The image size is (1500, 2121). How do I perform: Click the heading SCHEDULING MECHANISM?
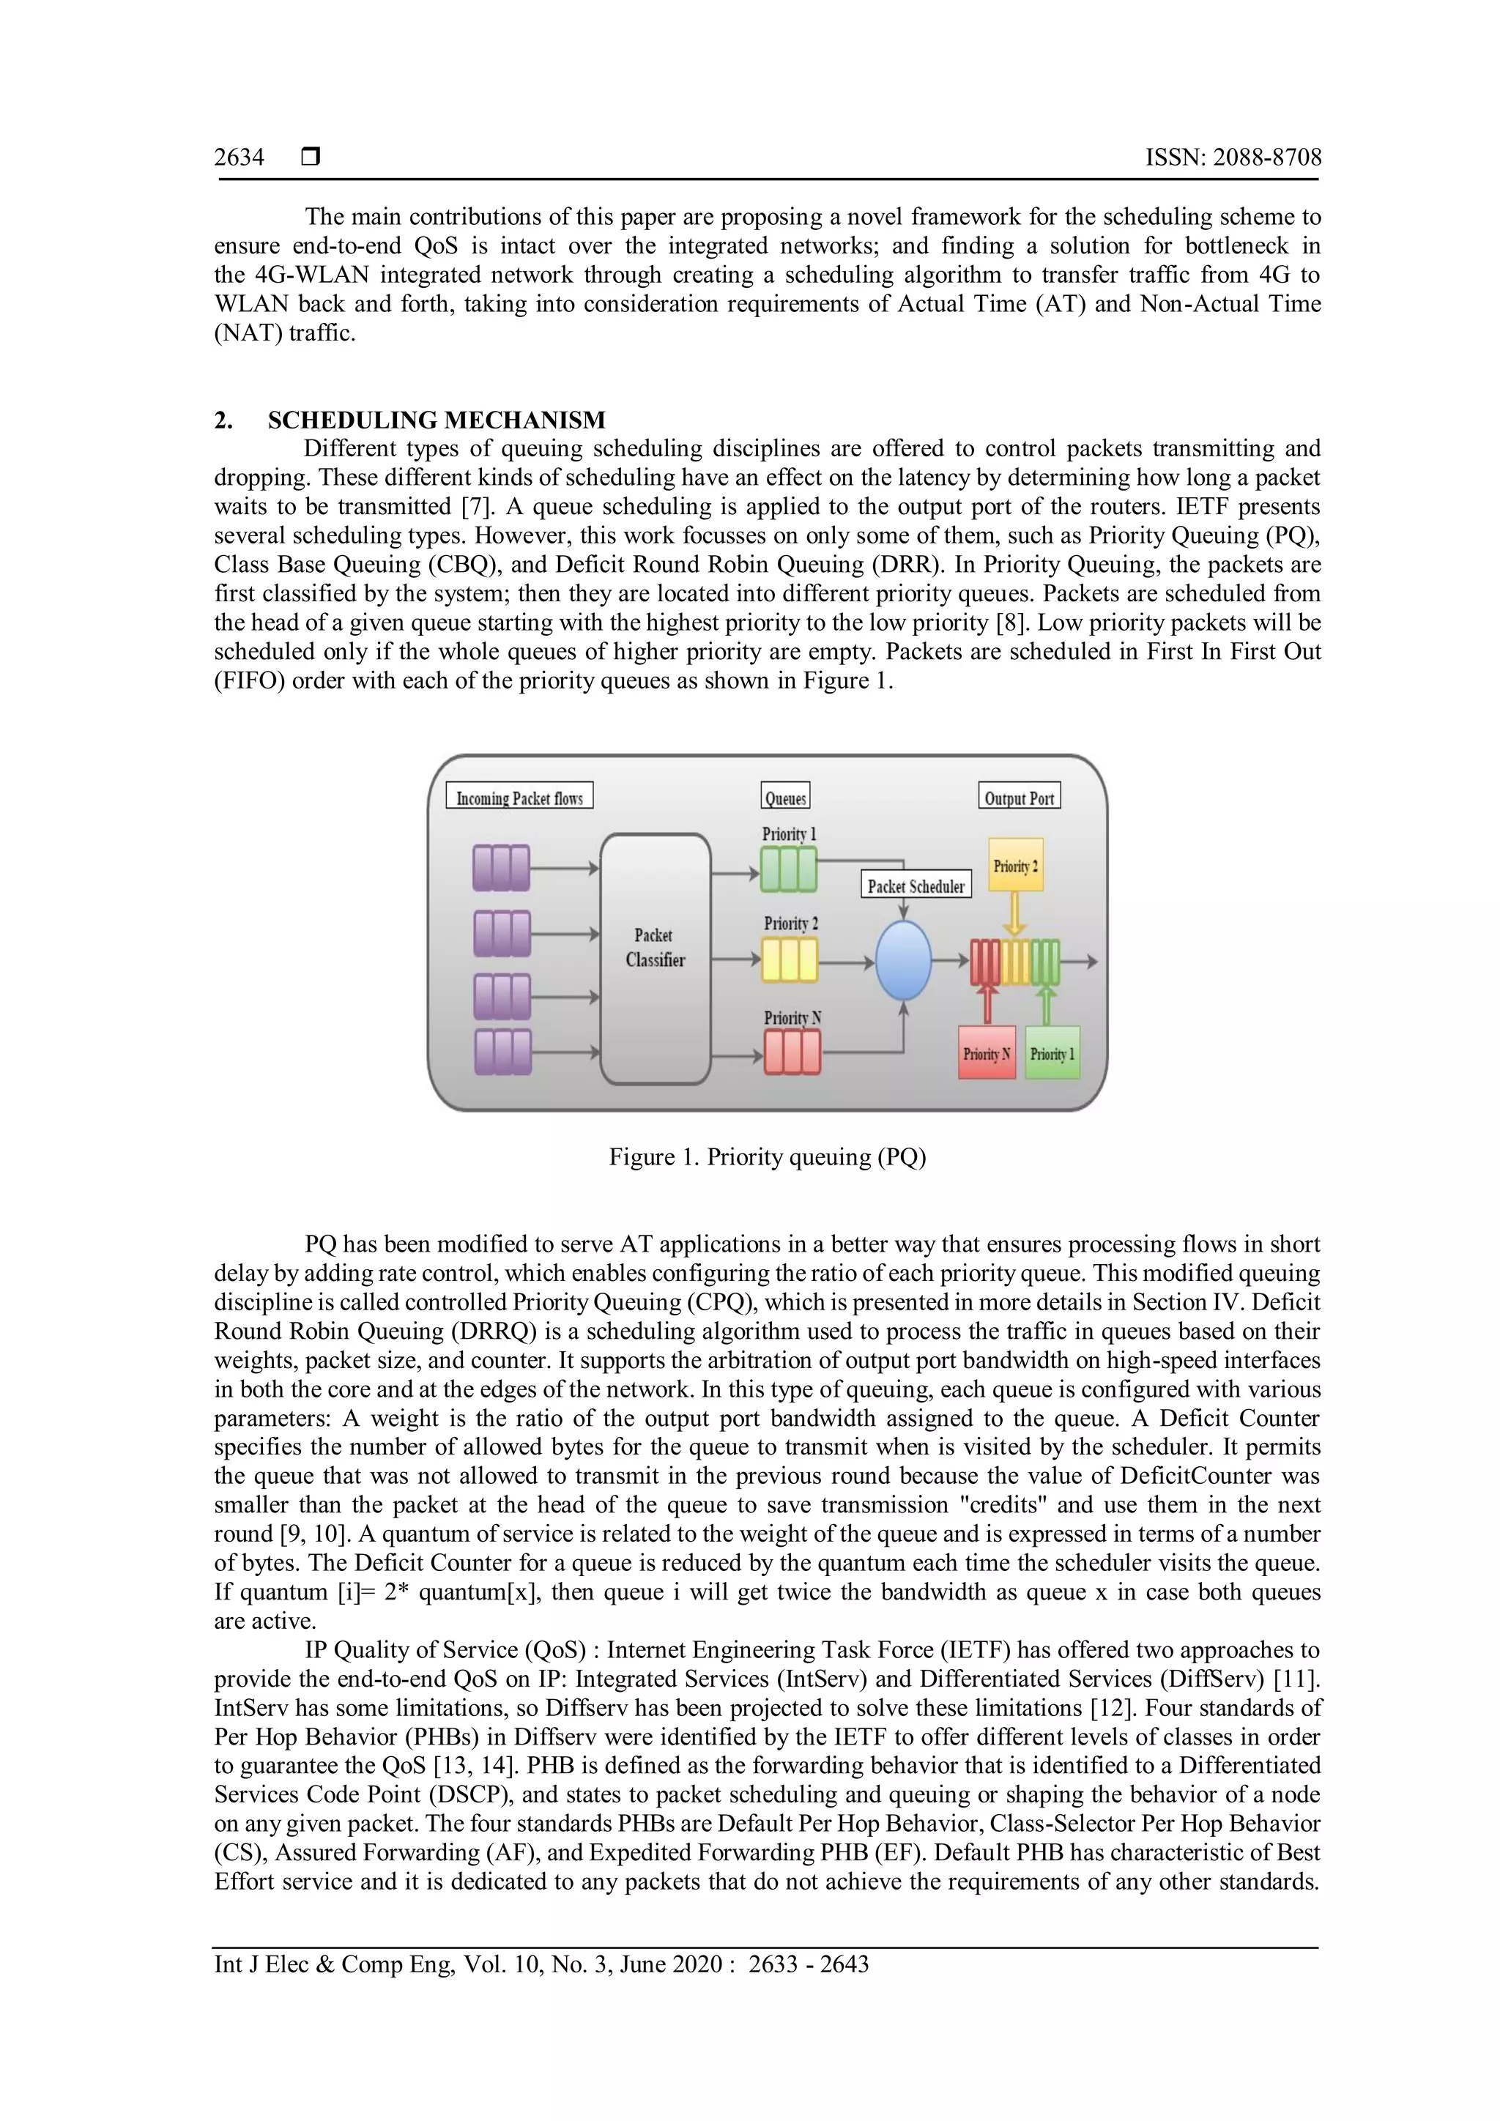tap(436, 420)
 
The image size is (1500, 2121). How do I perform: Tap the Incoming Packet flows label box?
tap(519, 796)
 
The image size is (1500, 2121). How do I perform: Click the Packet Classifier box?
tap(655, 958)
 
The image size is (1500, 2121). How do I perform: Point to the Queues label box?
tap(785, 796)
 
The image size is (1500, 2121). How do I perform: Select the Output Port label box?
tap(1019, 796)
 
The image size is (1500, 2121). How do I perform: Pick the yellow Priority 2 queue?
tap(789, 960)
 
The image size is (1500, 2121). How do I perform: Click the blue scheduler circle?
tap(902, 961)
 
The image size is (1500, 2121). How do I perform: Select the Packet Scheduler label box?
tap(916, 885)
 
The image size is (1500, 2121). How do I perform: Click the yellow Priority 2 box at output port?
tap(1015, 865)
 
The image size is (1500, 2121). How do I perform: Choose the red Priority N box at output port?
tap(987, 1053)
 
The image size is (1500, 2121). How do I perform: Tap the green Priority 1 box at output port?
tap(1052, 1053)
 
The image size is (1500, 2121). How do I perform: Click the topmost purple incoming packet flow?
tap(502, 869)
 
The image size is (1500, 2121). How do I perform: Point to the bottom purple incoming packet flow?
tap(502, 1052)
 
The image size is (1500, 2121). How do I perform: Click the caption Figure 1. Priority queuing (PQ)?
tap(767, 1157)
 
